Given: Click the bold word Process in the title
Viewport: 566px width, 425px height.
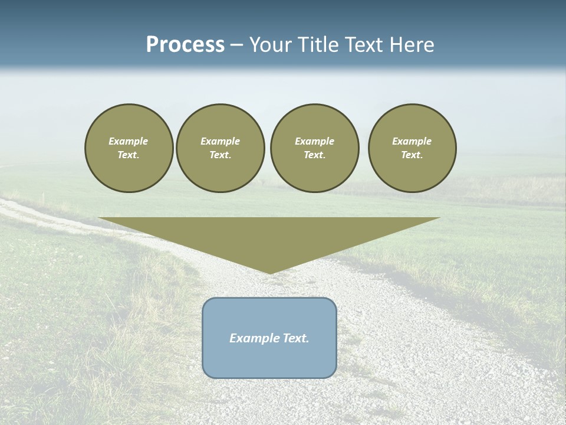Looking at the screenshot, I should click(x=185, y=45).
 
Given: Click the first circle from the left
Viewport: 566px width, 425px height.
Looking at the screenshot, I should click(x=129, y=148).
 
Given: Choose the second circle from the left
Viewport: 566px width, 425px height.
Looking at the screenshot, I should click(x=221, y=148).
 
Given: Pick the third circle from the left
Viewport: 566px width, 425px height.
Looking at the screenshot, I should click(x=315, y=148).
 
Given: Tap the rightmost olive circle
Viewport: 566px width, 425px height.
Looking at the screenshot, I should click(x=412, y=148).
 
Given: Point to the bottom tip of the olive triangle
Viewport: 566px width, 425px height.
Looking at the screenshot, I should click(x=270, y=273).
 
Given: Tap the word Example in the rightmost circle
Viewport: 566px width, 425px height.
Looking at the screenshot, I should click(x=412, y=141).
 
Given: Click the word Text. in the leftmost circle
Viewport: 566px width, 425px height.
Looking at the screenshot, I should click(x=129, y=155).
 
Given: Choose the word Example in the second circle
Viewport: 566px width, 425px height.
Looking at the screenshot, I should click(x=221, y=141).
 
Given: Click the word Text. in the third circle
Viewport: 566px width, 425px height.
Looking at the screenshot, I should click(x=315, y=155).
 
